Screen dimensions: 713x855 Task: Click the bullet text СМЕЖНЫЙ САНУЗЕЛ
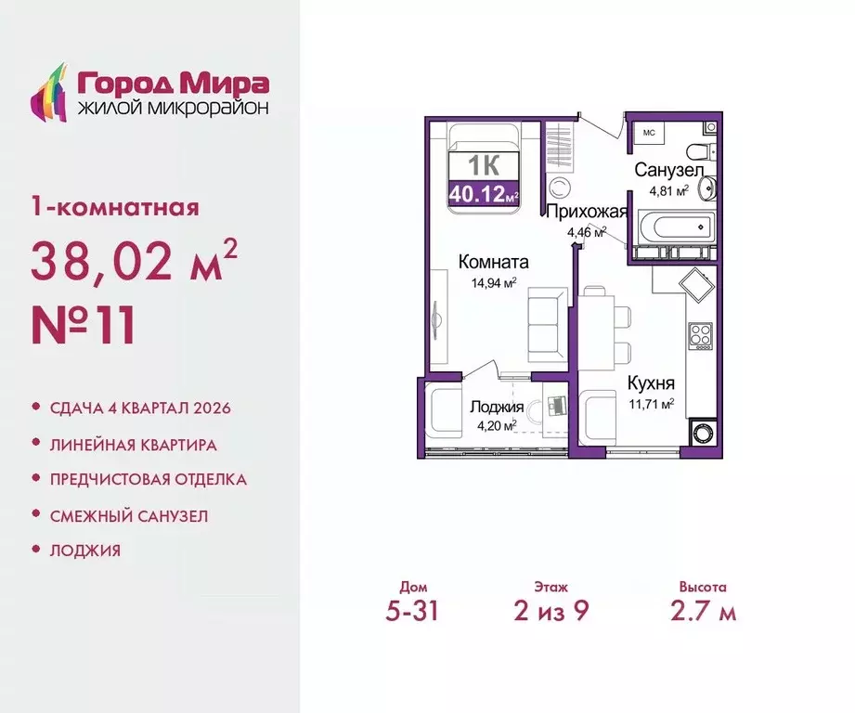click(129, 514)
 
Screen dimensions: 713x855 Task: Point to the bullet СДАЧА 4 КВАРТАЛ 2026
click(140, 408)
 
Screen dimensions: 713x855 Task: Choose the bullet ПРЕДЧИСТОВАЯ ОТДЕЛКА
click(149, 479)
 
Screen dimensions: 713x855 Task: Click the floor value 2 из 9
click(551, 612)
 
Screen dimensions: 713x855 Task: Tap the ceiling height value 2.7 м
click(702, 612)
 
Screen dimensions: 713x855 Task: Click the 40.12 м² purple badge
click(483, 193)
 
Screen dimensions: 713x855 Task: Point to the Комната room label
click(493, 262)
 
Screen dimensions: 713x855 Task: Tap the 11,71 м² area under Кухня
click(650, 403)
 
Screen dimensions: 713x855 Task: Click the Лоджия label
click(496, 408)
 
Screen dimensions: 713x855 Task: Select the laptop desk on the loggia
click(556, 407)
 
